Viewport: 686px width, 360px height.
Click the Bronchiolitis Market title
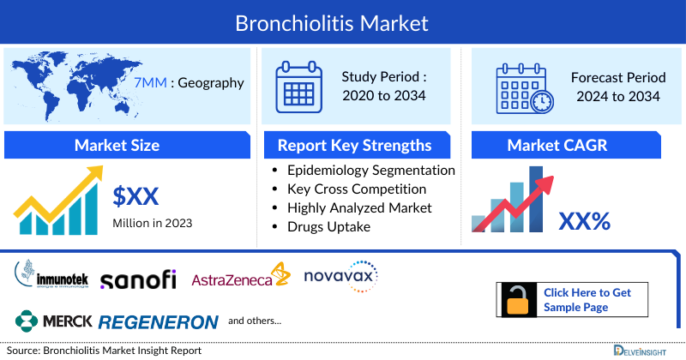[343, 21]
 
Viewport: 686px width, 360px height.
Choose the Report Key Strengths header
[354, 145]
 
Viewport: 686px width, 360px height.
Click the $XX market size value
[136, 196]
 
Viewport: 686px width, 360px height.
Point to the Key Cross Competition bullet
[357, 189]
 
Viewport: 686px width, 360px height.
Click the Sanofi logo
[138, 279]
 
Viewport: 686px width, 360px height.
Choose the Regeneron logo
[159, 322]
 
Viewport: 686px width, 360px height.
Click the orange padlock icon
[517, 300]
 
